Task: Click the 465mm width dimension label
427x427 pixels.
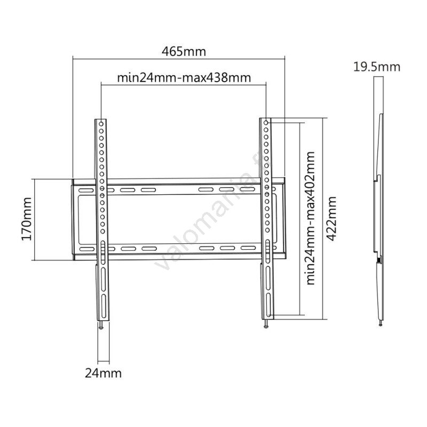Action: tap(184, 51)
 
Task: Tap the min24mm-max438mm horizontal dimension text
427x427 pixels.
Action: tap(184, 78)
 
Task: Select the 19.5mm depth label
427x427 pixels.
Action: tap(377, 67)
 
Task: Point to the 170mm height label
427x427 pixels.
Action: tap(27, 219)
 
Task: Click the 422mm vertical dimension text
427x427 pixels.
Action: tap(331, 219)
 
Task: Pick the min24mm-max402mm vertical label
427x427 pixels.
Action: tap(311, 218)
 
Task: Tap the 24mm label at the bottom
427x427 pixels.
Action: tap(103, 373)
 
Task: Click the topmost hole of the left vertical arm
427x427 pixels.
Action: tap(101, 124)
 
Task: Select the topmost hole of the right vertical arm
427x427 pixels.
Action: tap(266, 123)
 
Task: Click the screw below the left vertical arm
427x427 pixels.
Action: tap(101, 325)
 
